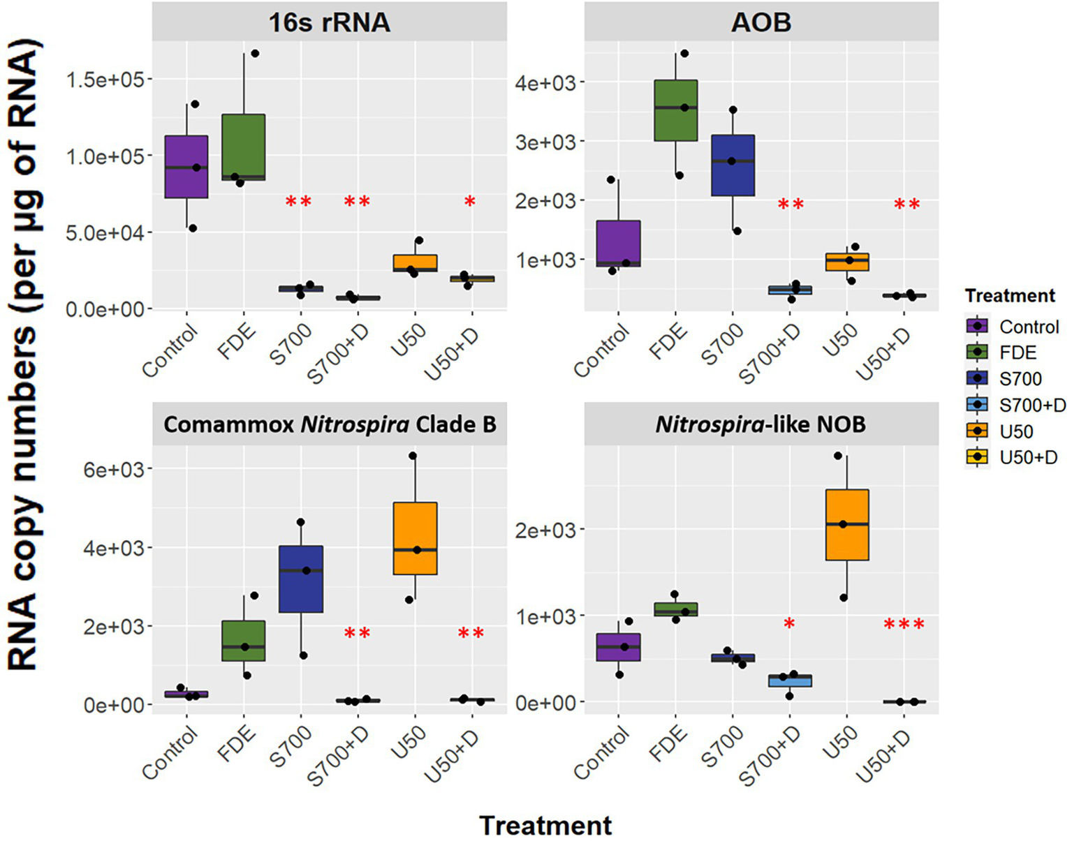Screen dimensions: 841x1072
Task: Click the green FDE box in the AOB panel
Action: [x=675, y=110]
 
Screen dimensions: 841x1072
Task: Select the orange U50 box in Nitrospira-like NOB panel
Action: [x=846, y=524]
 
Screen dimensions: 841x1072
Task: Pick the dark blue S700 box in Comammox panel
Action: [x=301, y=579]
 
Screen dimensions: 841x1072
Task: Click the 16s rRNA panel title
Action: [x=329, y=22]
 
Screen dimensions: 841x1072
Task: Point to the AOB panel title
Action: [x=761, y=22]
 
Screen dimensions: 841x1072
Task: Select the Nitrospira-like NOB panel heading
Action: [x=761, y=424]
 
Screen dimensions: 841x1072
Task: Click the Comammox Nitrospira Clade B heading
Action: [x=330, y=424]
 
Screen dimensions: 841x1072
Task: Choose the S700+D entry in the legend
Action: [x=1032, y=405]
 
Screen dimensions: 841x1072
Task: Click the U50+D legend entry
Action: [x=1028, y=457]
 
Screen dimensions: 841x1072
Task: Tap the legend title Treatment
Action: [x=1010, y=296]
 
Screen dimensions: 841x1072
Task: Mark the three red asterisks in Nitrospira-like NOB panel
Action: [x=904, y=625]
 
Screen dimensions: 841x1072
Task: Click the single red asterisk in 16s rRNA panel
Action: [x=470, y=202]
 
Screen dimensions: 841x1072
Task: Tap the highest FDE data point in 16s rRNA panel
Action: [x=255, y=53]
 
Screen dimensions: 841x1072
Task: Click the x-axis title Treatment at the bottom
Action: [x=545, y=826]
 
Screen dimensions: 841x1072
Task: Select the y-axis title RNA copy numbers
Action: [x=25, y=356]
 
